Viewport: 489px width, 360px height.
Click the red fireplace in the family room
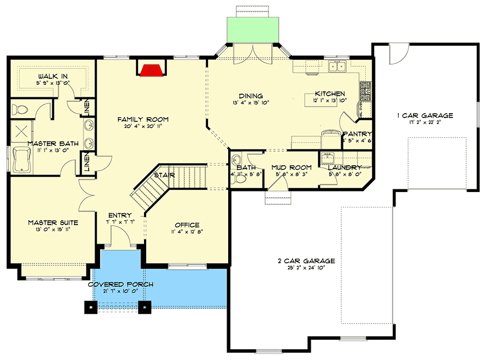click(x=152, y=70)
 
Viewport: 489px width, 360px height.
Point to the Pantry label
click(x=357, y=134)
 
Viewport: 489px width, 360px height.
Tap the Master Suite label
click(x=53, y=222)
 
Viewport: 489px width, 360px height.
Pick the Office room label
click(x=187, y=225)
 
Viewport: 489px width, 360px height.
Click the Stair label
click(x=164, y=175)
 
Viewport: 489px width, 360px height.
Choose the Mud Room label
click(x=291, y=167)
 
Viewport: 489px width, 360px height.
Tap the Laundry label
click(x=344, y=167)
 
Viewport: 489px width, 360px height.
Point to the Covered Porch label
click(x=121, y=284)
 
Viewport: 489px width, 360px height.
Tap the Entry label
click(x=120, y=215)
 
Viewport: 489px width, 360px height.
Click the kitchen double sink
click(x=339, y=67)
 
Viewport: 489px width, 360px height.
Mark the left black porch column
click(x=89, y=307)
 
